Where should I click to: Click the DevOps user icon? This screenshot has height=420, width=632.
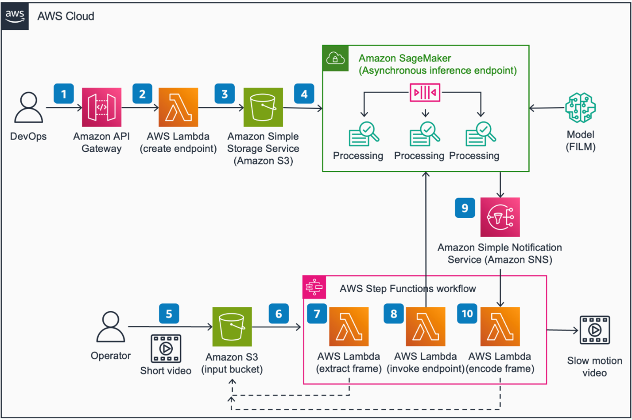29,107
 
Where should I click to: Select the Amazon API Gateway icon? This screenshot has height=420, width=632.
101,107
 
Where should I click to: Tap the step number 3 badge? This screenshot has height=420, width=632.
225,94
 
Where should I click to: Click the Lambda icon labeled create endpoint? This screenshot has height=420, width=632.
178,107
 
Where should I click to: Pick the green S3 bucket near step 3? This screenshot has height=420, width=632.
263,107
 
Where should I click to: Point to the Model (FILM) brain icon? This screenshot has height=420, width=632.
580,108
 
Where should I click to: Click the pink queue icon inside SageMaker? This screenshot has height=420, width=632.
425,93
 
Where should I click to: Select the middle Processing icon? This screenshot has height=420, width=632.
424,134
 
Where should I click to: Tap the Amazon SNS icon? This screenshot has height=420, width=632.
500,217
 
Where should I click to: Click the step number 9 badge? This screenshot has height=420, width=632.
465,208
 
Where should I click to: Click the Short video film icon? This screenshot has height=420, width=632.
166,349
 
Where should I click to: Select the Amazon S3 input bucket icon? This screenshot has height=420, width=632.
232,327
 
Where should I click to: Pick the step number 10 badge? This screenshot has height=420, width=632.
467,314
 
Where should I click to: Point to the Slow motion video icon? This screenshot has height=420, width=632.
595,330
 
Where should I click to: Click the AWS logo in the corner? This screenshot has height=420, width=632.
15,16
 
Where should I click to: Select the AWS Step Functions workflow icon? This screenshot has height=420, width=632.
314,287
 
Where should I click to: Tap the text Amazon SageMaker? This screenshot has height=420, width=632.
405,58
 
